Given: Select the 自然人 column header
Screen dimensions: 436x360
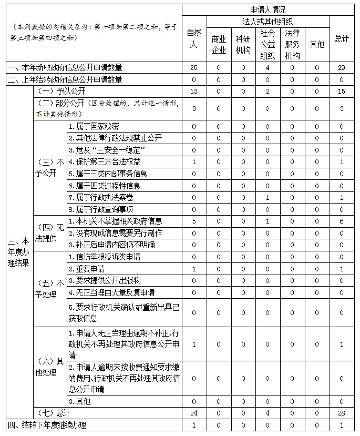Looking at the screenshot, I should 194,38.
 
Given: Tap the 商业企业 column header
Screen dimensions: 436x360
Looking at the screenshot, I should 219,44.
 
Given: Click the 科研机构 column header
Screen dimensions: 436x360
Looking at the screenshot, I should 243,44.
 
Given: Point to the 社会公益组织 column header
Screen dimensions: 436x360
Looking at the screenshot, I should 268,44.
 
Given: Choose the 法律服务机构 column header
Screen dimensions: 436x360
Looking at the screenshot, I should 292,44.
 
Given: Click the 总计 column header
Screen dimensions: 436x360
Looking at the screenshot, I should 342,38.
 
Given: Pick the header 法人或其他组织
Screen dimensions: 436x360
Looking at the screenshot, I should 268,21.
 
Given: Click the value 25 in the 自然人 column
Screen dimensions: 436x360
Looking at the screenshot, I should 194,68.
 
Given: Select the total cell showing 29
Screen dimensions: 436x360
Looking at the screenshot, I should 342,68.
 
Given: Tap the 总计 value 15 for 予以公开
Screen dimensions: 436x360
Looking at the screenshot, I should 342,92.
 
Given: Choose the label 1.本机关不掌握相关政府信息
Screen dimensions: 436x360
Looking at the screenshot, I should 115,221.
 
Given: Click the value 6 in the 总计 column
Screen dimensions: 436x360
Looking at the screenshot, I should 342,221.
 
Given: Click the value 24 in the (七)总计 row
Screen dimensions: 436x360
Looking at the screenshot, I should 194,413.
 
